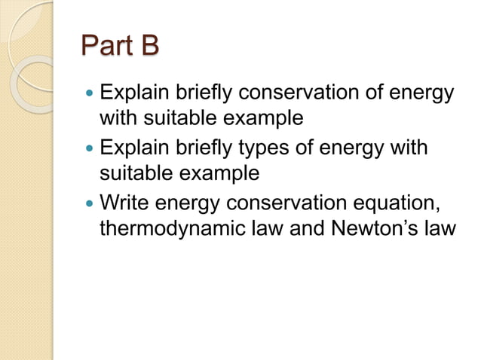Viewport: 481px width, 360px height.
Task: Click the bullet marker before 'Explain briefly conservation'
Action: tap(90, 96)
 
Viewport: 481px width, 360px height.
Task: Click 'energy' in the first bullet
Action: tap(418, 96)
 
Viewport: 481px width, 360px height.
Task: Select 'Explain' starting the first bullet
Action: tap(131, 95)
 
